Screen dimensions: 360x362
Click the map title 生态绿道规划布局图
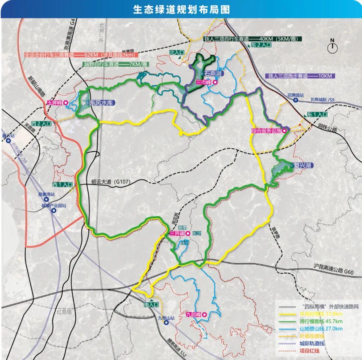point(181,9)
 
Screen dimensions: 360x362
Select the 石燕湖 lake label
point(214,73)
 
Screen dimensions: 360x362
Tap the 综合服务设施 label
point(266,131)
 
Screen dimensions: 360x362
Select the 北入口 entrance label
point(177,53)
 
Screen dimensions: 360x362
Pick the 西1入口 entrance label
point(62,184)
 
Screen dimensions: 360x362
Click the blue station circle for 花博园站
point(295,100)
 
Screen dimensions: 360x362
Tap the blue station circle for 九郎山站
point(166,323)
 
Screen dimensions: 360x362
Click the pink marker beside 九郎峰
point(203,314)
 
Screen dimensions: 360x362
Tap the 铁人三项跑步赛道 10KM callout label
point(300,76)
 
